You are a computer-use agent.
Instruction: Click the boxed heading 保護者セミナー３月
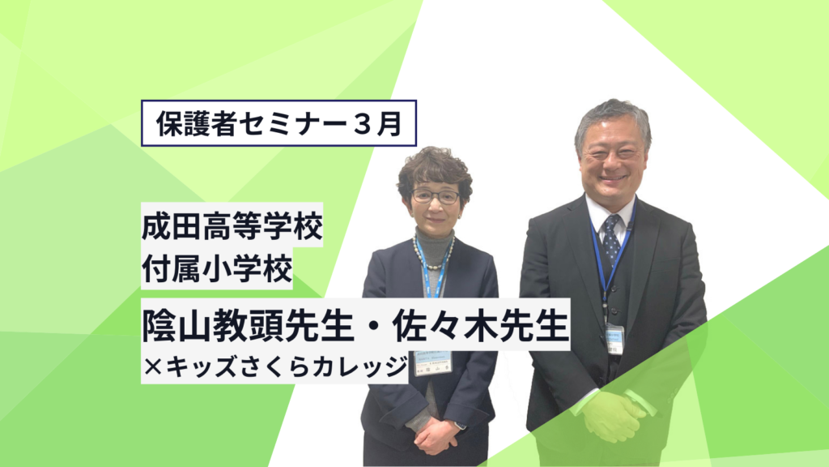coord(278,123)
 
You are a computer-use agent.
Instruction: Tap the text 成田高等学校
coord(232,226)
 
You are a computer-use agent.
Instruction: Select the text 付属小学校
coord(217,268)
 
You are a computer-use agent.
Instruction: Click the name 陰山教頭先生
coord(247,325)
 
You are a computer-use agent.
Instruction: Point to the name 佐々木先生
coord(480,325)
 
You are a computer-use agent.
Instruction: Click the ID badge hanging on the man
coord(615,338)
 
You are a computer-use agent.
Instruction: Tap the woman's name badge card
coord(433,362)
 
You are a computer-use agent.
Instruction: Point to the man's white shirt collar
coord(611,211)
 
